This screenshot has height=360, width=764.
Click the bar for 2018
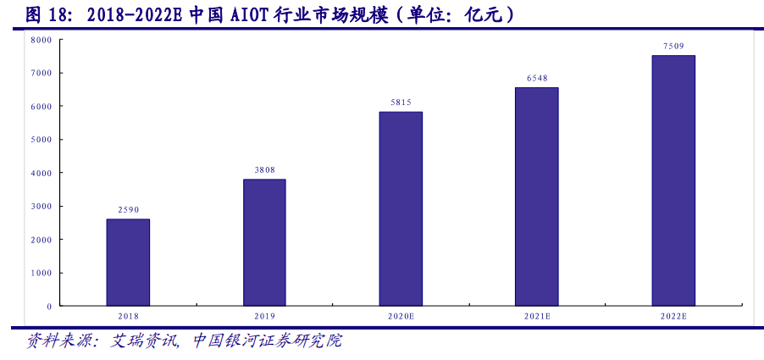click(128, 263)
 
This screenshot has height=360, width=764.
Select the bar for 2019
click(264, 242)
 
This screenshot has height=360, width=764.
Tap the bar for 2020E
click(401, 208)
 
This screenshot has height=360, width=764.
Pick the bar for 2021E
click(537, 197)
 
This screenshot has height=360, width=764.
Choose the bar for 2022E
click(673, 180)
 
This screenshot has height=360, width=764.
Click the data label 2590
click(128, 209)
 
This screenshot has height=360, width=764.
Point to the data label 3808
click(264, 169)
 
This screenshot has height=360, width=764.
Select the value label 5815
click(401, 102)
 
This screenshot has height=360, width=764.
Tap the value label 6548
click(537, 78)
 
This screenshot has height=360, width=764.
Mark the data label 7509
click(673, 47)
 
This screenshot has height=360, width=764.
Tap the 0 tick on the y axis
click(49, 306)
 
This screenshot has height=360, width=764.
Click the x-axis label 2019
click(264, 316)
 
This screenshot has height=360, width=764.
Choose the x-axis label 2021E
click(537, 316)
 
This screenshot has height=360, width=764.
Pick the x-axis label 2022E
click(673, 316)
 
